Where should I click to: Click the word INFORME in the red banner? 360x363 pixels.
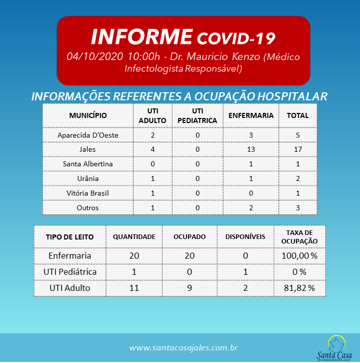tap(142, 37)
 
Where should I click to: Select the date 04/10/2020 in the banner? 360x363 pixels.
tap(95, 56)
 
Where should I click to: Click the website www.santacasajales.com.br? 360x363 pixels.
tap(183, 348)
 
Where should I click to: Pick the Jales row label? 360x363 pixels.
tap(88, 149)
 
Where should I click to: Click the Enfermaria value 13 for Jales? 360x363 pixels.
tap(251, 149)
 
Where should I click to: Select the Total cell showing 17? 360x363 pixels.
tap(297, 149)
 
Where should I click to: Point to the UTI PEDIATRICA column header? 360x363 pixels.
tap(197, 115)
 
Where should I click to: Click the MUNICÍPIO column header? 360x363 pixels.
tap(88, 115)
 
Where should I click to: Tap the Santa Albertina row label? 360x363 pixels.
tap(88, 164)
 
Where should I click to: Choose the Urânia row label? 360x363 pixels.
tap(88, 178)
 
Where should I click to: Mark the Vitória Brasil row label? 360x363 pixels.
tap(88, 193)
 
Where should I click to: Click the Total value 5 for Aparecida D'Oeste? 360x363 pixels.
tap(297, 135)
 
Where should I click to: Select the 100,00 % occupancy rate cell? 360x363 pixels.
tap(299, 256)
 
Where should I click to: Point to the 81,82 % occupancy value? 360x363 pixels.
tap(299, 288)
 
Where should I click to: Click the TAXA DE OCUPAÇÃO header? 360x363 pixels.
tap(299, 236)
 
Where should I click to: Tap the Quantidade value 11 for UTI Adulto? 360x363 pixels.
tap(134, 288)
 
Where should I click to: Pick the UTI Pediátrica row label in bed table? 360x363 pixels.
tap(70, 272)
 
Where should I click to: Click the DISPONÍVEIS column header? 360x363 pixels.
tap(245, 236)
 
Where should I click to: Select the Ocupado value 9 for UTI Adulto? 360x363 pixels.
tap(189, 288)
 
